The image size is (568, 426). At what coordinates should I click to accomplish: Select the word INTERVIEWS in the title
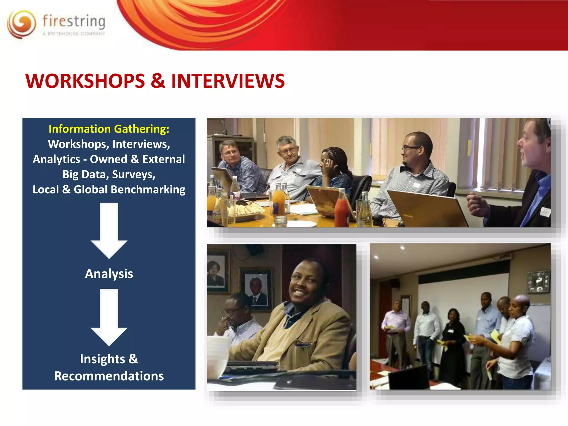(x=228, y=81)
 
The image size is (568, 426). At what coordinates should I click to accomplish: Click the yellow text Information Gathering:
(x=109, y=129)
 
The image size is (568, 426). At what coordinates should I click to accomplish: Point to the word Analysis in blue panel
(x=109, y=274)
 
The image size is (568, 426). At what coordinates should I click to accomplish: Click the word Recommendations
(x=109, y=376)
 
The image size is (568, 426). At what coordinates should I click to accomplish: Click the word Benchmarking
(x=148, y=190)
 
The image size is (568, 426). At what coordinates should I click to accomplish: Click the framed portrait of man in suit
(x=256, y=290)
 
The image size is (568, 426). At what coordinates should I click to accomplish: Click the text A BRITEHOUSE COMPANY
(x=74, y=34)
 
